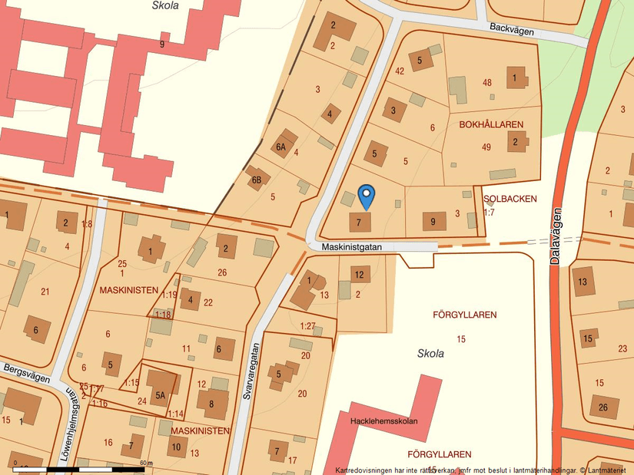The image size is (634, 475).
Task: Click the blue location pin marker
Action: click(x=367, y=196)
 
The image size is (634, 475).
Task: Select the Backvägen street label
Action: click(x=511, y=28)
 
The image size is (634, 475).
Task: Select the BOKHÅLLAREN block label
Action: click(x=491, y=124)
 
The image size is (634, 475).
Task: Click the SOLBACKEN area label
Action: click(x=510, y=199)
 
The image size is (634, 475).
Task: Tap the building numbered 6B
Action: click(x=257, y=180)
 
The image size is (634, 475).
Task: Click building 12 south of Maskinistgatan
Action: click(x=359, y=274)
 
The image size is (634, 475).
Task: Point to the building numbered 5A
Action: click(x=161, y=397)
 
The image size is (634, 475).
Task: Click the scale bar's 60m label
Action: click(x=146, y=463)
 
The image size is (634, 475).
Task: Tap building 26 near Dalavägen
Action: click(x=603, y=407)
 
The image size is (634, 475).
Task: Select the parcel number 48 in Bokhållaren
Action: click(x=486, y=82)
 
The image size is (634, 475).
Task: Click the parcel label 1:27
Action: click(x=307, y=325)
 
